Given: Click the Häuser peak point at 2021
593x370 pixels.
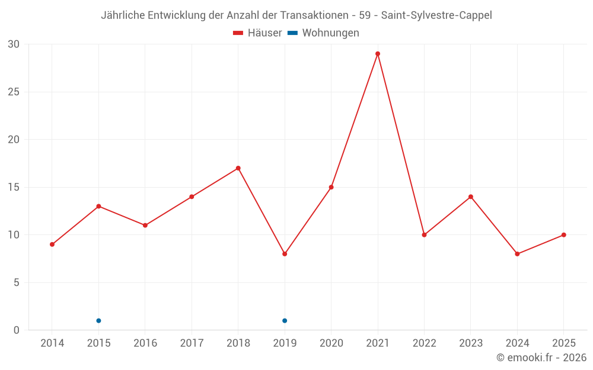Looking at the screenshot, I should click(378, 54).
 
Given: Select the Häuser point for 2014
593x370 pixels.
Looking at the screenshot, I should click(52, 244).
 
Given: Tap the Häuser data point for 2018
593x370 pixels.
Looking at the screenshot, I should click(238, 168).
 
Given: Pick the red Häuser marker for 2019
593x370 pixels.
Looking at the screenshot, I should click(285, 254).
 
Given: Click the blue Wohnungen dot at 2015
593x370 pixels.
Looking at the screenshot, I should click(98, 321).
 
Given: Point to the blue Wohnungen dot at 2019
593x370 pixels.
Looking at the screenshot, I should click(285, 321).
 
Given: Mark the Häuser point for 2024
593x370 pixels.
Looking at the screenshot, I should click(517, 254).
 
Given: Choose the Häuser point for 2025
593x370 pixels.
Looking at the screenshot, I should click(564, 235).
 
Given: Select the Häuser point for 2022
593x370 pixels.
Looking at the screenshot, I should click(424, 235).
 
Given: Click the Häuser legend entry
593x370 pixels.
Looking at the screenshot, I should click(257, 33).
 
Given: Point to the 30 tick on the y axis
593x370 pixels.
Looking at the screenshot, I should click(14, 44).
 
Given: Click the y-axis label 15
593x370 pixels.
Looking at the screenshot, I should click(14, 187).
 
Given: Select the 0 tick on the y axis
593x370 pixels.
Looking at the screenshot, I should click(17, 330).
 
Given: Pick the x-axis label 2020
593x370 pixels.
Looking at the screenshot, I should click(331, 343).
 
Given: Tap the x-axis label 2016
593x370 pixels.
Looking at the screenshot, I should click(145, 343).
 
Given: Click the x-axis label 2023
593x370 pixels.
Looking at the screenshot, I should click(471, 343).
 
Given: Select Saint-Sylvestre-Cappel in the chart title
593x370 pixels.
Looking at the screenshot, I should click(436, 15).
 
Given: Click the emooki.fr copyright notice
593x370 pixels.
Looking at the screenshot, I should click(541, 358).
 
